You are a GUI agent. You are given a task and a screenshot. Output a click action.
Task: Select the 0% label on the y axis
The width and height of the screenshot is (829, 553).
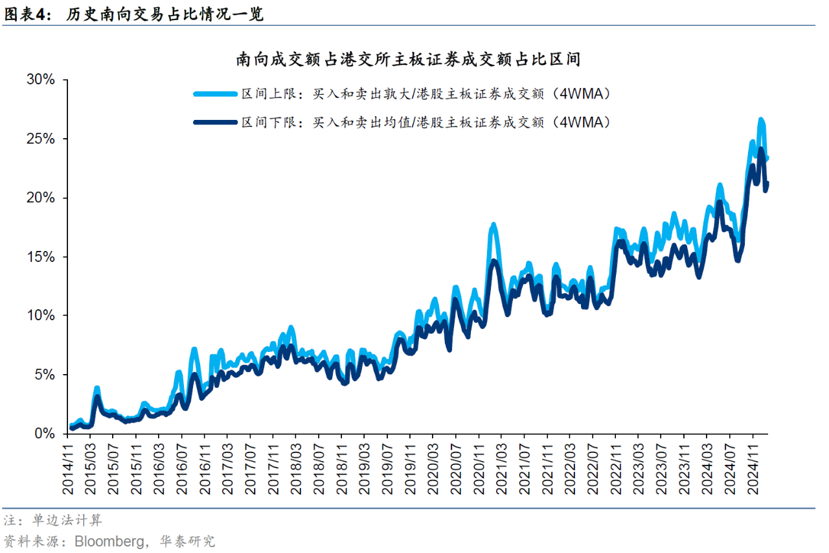(x=47, y=434)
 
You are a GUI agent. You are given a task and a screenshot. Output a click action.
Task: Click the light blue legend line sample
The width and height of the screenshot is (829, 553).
(x=215, y=94)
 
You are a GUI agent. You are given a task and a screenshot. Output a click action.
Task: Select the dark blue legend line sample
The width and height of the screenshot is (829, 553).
(x=215, y=121)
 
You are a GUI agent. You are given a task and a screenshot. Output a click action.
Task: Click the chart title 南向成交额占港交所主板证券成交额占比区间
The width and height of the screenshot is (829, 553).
(x=407, y=60)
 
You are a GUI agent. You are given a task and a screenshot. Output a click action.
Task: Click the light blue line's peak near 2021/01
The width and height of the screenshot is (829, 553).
(x=494, y=225)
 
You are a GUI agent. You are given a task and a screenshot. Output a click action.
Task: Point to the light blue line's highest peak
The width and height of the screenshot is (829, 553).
(x=761, y=120)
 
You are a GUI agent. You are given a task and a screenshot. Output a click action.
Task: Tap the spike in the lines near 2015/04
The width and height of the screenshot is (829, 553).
(x=97, y=388)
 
